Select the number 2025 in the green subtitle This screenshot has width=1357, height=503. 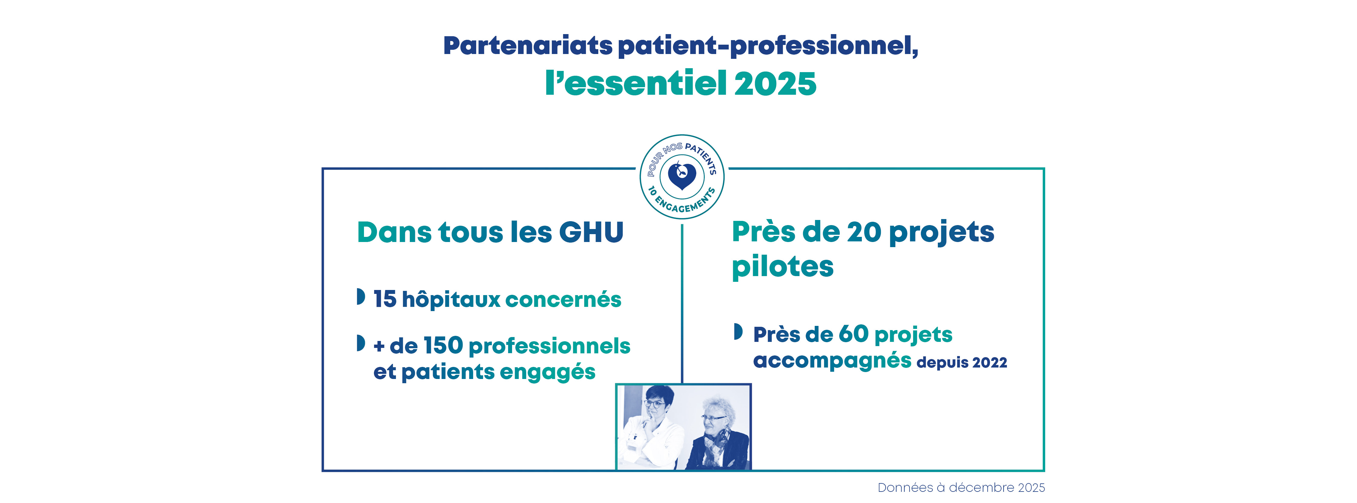tap(775, 83)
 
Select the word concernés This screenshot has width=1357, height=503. tap(563, 300)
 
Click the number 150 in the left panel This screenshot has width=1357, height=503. tap(444, 346)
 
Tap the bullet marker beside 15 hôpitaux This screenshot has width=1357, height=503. tap(361, 296)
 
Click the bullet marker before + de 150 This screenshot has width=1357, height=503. tap(361, 343)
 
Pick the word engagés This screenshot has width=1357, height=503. tap(547, 373)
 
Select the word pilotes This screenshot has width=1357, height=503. tap(783, 267)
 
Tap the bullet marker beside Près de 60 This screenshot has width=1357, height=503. tap(739, 332)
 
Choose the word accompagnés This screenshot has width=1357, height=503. tap(832, 361)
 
